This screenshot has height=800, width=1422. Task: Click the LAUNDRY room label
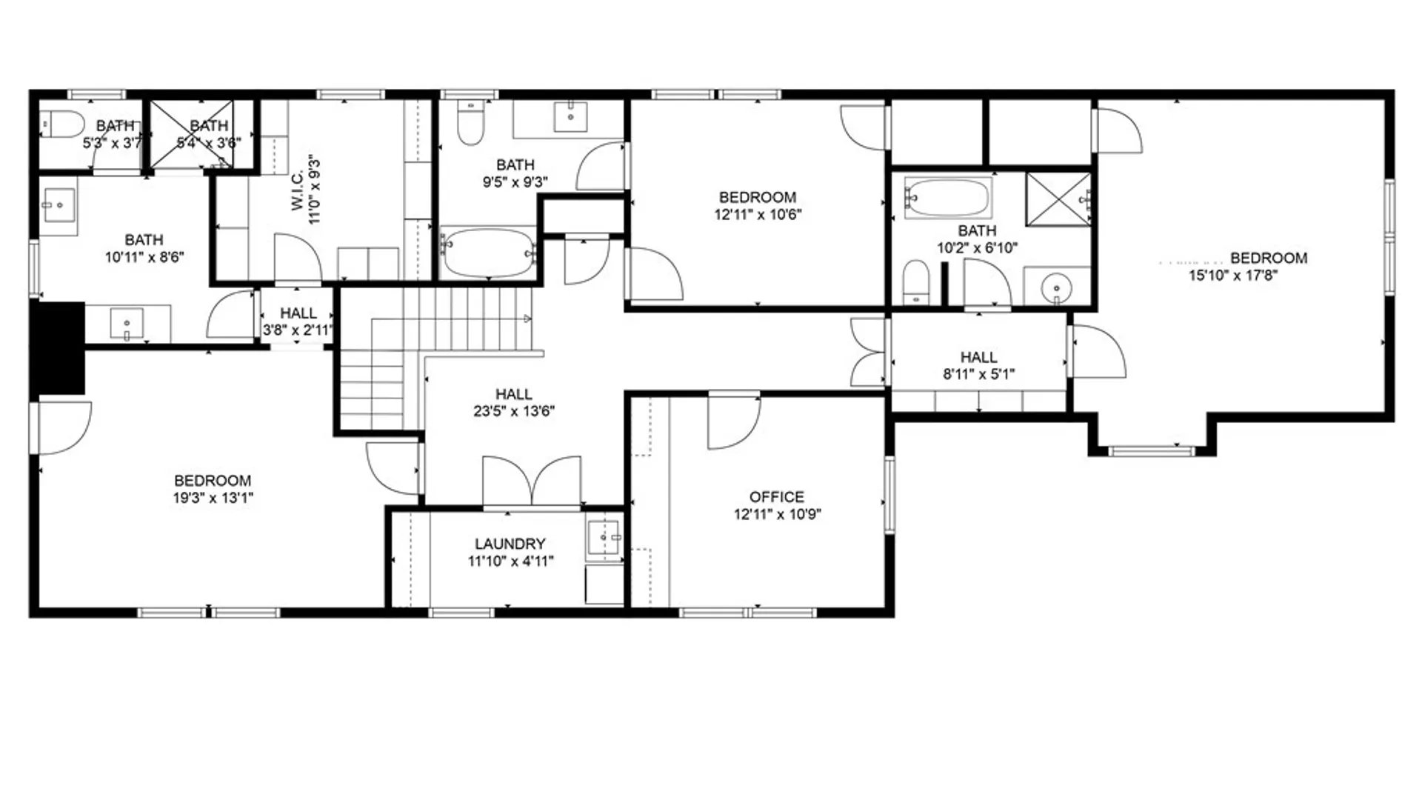(510, 544)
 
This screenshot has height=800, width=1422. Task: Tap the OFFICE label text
(776, 497)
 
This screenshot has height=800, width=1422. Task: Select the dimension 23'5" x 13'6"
(514, 411)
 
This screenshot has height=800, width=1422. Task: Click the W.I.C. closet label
(297, 192)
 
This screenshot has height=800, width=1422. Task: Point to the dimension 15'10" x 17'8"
(1233, 276)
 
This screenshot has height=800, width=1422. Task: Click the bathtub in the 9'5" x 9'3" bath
(487, 253)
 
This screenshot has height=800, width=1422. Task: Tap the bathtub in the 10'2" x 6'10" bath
(947, 198)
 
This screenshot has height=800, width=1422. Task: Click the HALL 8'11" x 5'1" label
(978, 358)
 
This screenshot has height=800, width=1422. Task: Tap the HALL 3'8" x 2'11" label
(298, 313)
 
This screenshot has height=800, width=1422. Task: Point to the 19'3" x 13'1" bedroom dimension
(213, 499)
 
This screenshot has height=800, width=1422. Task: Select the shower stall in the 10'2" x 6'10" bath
(1058, 199)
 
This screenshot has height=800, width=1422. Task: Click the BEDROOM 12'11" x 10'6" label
(757, 198)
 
